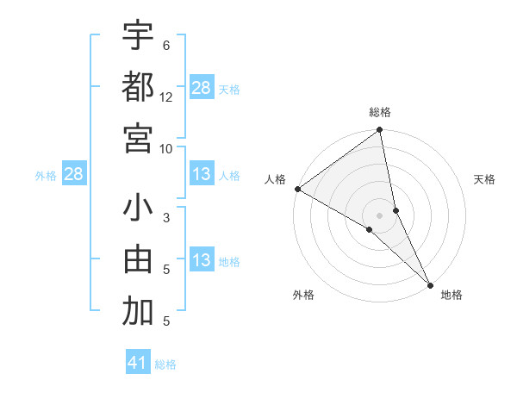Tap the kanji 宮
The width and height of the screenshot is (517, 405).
pos(138,137)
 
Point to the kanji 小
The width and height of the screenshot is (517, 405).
pos(138,209)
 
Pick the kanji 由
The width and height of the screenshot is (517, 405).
pos(138,260)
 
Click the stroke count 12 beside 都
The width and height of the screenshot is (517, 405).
pos(166,97)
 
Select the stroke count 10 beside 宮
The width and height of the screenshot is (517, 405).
pos(166,148)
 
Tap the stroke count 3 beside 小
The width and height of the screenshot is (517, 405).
pos(166,218)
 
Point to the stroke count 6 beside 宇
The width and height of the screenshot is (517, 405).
pos(166,46)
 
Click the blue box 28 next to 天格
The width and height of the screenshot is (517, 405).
pos(202,88)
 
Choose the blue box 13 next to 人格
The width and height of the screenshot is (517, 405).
pos(202,175)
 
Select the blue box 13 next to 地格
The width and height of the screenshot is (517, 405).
pos(202,261)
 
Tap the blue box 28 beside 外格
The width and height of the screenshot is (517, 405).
pos(74,175)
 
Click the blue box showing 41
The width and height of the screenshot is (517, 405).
pos(139,363)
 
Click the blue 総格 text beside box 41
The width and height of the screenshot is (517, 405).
pos(165,364)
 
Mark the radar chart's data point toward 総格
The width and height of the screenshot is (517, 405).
pos(380,131)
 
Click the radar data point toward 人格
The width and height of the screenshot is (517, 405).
pos(297,189)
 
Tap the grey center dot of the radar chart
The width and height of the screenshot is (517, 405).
pos(380,215)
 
